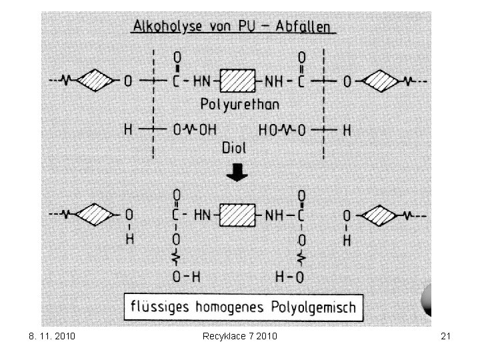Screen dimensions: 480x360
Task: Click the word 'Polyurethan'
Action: (x=239, y=105)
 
